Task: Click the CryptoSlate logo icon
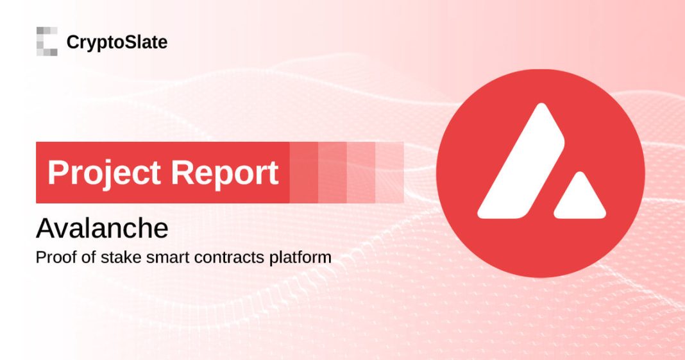pos(47,41)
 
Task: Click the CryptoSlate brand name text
pos(117,43)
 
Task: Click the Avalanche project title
pos(103,228)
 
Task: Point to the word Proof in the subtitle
pos(53,258)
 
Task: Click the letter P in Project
pos(58,173)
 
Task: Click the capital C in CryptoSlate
pos(72,43)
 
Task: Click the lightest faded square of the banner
pos(389,172)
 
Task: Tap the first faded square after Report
pos(304,172)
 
